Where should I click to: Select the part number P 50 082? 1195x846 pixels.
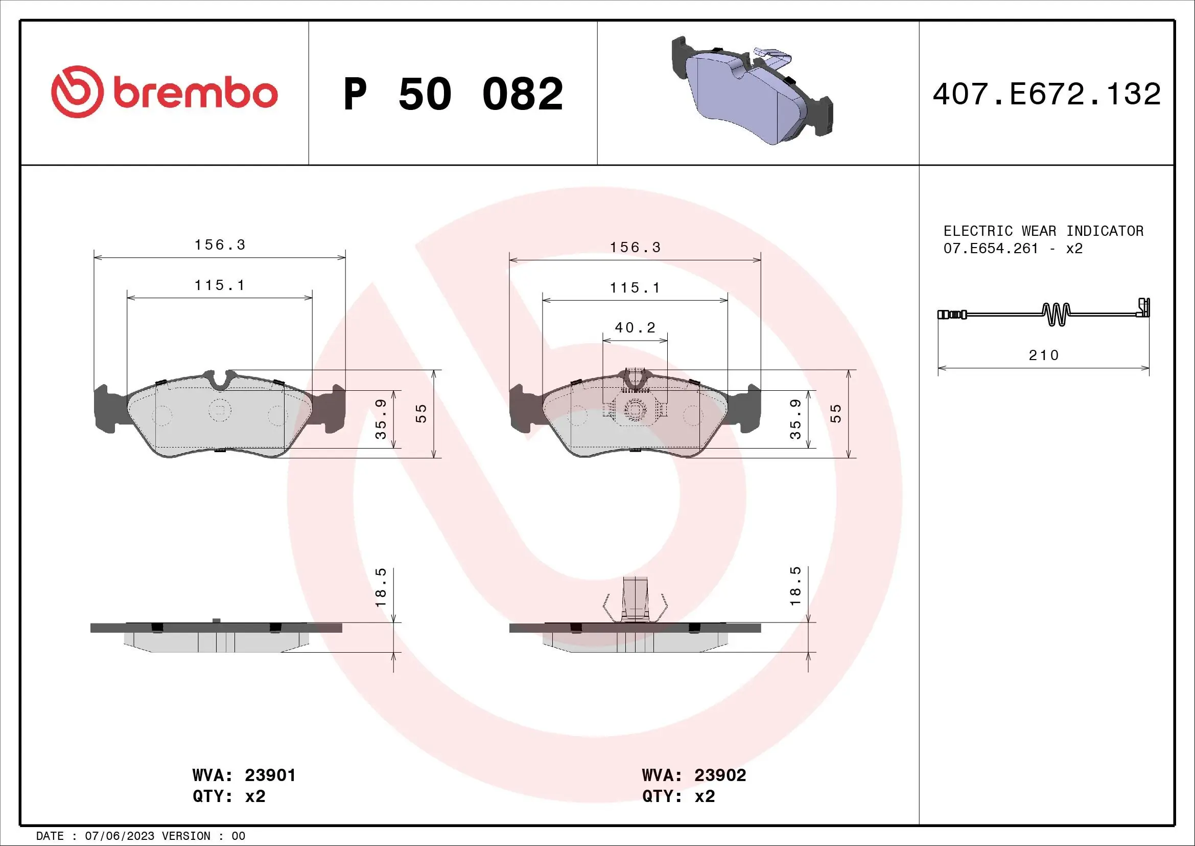(452, 94)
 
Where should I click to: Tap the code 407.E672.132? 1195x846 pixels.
(1046, 94)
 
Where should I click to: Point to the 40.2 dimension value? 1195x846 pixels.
(635, 328)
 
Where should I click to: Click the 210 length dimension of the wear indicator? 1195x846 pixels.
(1044, 355)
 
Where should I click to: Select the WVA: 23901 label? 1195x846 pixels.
(244, 775)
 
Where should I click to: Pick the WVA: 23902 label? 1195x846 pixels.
(694, 775)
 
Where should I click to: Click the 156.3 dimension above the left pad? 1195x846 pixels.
(220, 245)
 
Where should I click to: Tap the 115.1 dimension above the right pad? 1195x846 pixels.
(635, 287)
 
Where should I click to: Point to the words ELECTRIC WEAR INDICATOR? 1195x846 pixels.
(1043, 231)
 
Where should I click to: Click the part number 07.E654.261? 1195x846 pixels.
(991, 249)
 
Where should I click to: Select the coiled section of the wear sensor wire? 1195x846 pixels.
(1056, 314)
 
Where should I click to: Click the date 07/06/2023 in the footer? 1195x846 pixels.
(119, 836)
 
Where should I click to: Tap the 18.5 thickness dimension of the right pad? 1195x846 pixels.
(795, 587)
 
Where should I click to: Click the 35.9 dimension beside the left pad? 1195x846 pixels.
(381, 419)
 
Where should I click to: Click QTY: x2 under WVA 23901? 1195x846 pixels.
(228, 796)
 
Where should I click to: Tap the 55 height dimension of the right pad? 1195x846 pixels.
(835, 414)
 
